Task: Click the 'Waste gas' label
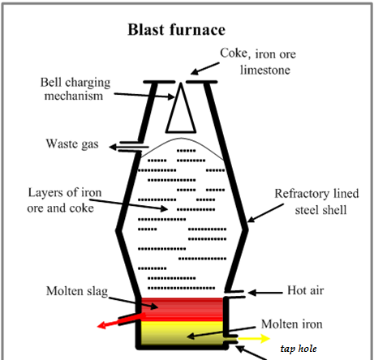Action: pyautogui.click(x=72, y=144)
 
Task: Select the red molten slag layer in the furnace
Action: pyautogui.click(x=184, y=308)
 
